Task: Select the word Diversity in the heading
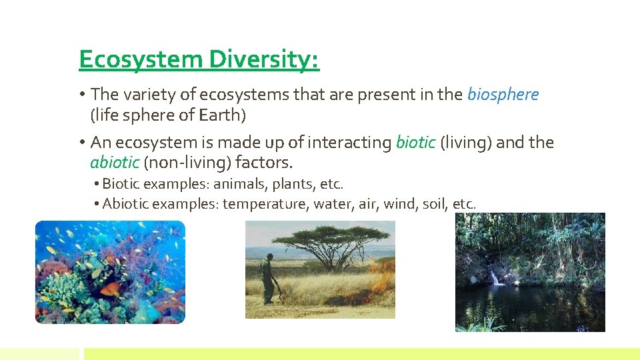click(x=264, y=60)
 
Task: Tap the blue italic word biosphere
click(x=503, y=95)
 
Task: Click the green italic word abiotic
click(x=115, y=163)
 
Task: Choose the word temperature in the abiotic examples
click(x=264, y=204)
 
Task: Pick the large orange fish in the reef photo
click(x=111, y=289)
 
